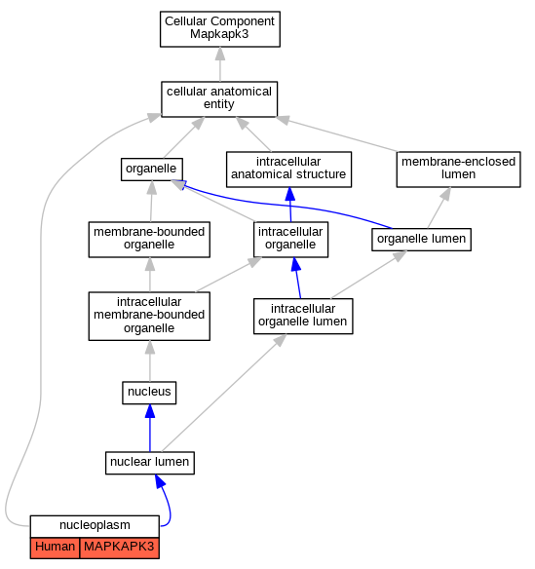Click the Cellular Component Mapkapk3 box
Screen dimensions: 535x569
click(220, 29)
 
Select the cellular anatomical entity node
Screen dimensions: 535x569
click(219, 99)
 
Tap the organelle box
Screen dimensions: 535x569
click(152, 170)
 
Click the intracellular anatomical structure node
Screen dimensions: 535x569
click(288, 170)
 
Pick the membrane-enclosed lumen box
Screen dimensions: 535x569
click(458, 170)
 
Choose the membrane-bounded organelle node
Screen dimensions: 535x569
click(149, 240)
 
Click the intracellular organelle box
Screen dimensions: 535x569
click(290, 240)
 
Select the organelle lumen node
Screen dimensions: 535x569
click(421, 240)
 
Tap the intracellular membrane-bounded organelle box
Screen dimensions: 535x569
click(149, 316)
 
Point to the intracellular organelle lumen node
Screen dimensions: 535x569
click(303, 316)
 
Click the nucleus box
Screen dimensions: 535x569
click(149, 393)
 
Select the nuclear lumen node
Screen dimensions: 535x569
click(150, 463)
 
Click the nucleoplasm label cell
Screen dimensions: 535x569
click(95, 526)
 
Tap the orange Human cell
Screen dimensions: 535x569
click(55, 548)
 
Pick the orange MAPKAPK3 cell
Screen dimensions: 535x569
click(120, 548)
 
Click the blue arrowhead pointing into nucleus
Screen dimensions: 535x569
click(150, 411)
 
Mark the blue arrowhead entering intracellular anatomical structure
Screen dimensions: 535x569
click(289, 194)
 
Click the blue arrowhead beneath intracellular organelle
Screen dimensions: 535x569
click(296, 264)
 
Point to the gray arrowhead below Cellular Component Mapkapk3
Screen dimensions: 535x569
click(220, 54)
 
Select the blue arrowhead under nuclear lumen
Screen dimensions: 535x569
click(160, 481)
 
